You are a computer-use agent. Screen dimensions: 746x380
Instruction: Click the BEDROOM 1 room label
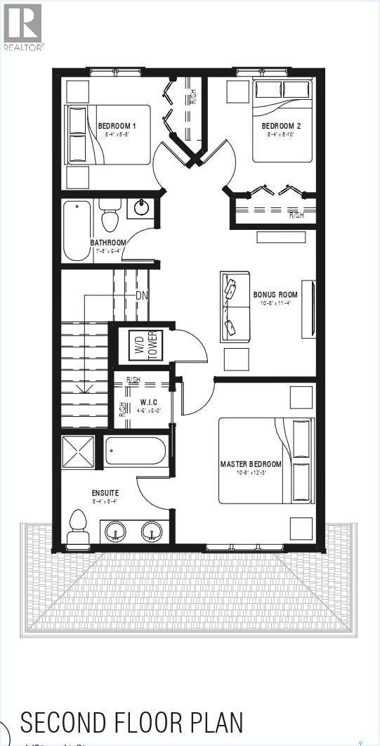(117, 126)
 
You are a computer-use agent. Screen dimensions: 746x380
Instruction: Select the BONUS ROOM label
(275, 295)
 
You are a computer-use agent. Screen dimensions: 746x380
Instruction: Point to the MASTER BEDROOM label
(251, 464)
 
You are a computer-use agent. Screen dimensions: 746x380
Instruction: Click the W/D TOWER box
(145, 345)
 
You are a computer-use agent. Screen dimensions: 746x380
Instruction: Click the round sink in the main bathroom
(143, 207)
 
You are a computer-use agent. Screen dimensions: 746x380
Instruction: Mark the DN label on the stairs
(142, 295)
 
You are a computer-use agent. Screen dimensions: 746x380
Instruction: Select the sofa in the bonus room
(234, 307)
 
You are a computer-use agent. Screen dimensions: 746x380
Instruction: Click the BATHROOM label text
(107, 243)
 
